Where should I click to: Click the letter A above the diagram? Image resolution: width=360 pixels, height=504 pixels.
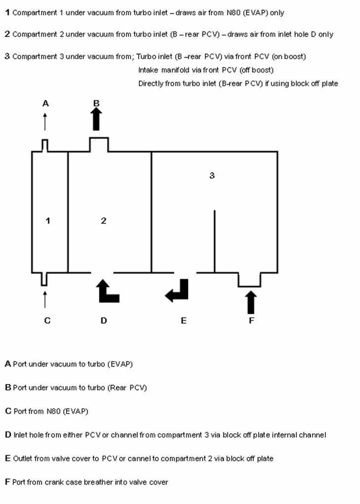tap(45, 103)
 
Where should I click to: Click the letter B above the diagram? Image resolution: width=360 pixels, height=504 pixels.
tap(96, 103)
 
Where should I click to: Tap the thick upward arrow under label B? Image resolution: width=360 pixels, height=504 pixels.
tap(96, 119)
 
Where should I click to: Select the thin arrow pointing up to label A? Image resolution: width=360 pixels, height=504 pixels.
tap(45, 122)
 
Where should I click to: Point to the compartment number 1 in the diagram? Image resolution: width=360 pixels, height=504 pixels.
tap(48, 220)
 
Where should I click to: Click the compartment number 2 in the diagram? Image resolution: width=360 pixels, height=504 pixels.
tap(103, 220)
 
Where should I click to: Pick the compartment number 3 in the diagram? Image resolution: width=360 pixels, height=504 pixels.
tap(212, 175)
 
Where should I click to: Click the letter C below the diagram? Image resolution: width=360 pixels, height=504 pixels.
tap(47, 321)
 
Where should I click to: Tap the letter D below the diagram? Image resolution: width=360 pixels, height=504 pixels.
tap(103, 321)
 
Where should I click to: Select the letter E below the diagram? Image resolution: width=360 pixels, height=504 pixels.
tap(183, 321)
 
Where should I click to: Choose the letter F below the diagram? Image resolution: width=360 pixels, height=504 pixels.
tap(252, 321)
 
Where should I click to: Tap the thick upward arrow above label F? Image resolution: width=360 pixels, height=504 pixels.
tap(251, 302)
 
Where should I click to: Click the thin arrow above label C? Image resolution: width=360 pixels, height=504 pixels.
tap(45, 299)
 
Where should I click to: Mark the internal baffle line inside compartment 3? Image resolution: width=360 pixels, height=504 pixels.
tap(215, 242)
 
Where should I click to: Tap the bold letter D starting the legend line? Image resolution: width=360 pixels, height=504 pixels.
tap(8, 435)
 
